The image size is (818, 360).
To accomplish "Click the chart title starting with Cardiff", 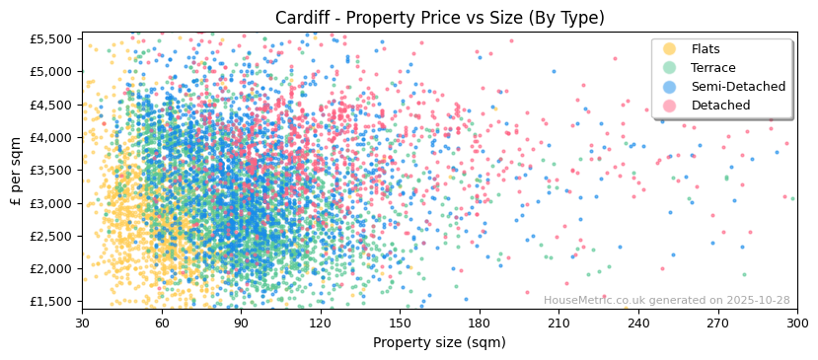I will click(440, 18).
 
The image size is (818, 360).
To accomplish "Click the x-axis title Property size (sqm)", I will click(439, 343).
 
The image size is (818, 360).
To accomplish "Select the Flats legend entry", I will click(706, 49).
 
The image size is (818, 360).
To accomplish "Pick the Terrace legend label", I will click(713, 68).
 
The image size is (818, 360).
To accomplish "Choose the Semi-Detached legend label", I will click(738, 87).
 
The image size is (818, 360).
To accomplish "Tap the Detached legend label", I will click(720, 106).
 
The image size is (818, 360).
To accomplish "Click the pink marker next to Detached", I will click(670, 106).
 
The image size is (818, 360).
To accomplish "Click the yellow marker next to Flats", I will click(670, 49).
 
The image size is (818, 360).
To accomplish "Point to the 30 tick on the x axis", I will click(83, 323).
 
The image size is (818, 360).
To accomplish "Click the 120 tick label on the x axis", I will click(321, 323).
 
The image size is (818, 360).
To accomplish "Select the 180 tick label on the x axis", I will click(480, 323).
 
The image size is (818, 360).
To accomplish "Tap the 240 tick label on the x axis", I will click(638, 323).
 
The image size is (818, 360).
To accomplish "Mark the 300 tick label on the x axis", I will click(797, 323).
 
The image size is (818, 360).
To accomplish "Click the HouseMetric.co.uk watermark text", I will click(666, 301).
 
